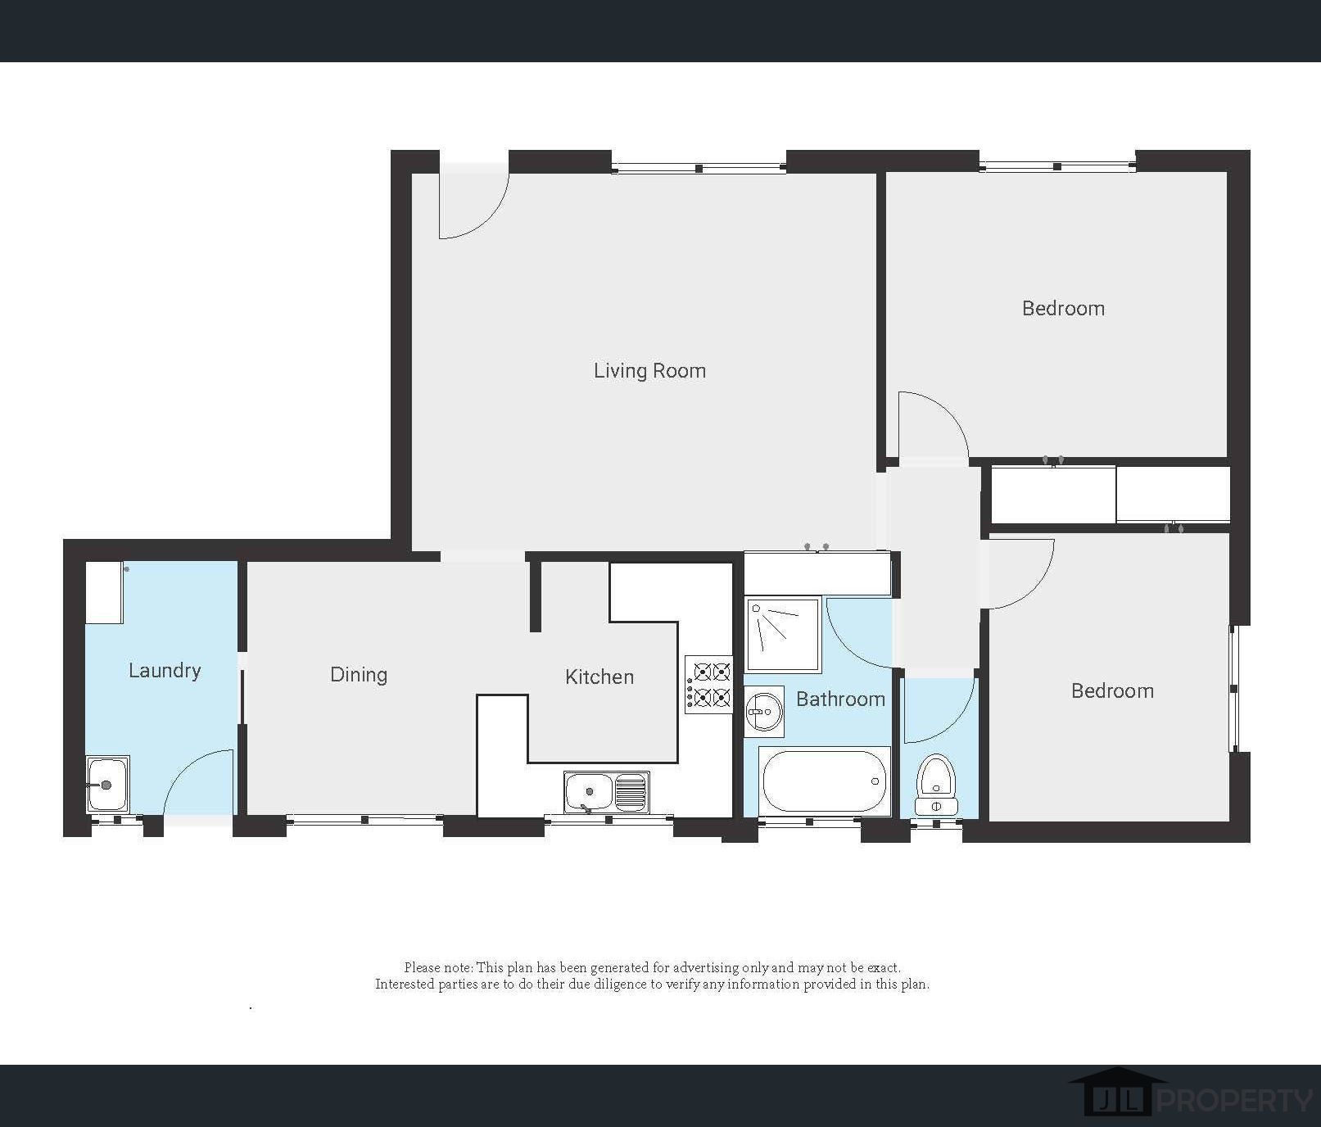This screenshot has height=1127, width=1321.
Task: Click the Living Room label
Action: pos(649,371)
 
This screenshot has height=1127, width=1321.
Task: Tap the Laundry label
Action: pos(165,671)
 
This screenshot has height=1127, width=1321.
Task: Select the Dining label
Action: pos(359,675)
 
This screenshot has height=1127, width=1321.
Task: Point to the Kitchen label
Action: pos(599,677)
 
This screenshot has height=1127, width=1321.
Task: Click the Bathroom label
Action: pos(840,699)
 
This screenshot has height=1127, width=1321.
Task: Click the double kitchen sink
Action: pos(606,791)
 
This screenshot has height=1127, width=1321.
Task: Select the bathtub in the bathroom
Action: pos(824,781)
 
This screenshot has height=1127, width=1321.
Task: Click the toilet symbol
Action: pos(936,785)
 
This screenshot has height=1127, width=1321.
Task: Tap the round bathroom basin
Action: pos(764,711)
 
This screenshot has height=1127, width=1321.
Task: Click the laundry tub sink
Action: pos(107,784)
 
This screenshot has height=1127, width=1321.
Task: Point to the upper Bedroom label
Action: pos(1063,309)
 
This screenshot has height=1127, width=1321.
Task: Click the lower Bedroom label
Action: pos(1112,691)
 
